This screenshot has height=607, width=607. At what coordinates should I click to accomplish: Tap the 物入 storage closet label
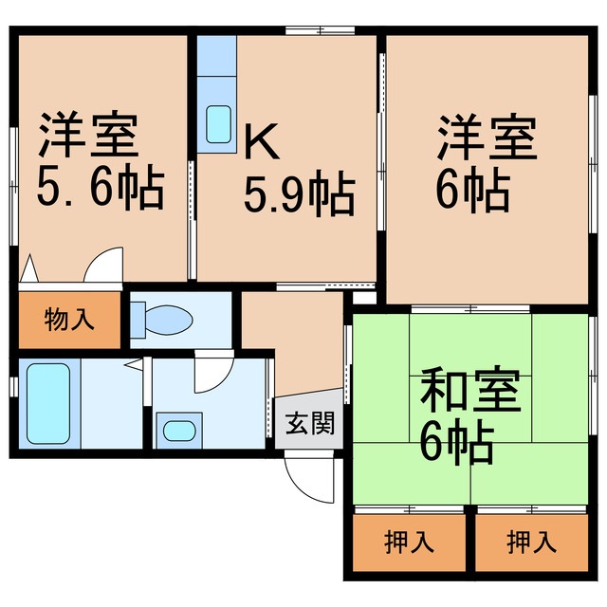(70, 320)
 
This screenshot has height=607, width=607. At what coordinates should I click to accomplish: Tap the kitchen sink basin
(218, 123)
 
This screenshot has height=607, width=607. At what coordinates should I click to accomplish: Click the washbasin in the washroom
(177, 430)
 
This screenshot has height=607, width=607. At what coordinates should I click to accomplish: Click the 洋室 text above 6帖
(487, 140)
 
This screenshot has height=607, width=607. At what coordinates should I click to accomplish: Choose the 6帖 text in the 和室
(456, 441)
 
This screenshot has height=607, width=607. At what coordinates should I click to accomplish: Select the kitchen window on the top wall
(320, 32)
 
